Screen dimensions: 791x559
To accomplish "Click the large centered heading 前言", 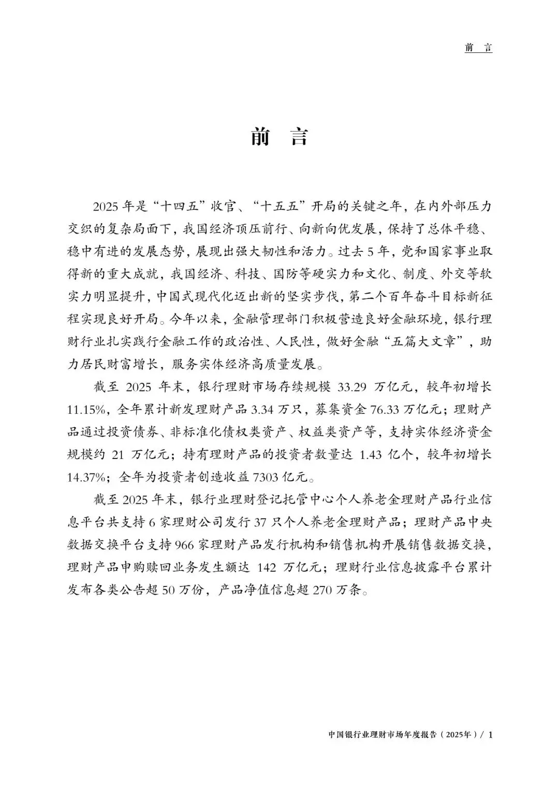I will pyautogui.click(x=279, y=137).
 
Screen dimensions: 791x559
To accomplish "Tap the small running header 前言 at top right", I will pyautogui.click(x=478, y=48).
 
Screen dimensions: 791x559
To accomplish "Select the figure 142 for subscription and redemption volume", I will pyautogui.click(x=267, y=568).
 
